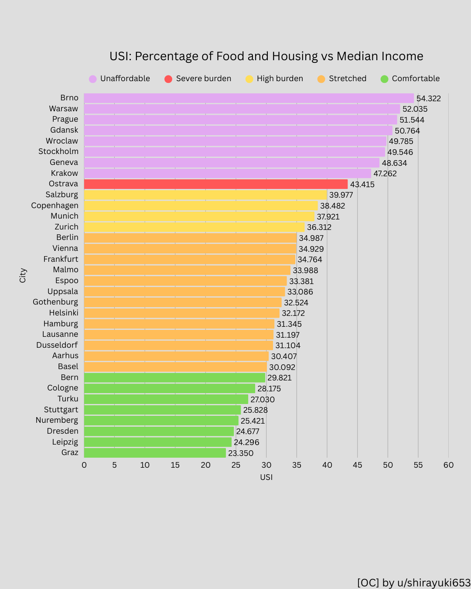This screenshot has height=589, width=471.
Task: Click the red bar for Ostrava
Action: click(216, 184)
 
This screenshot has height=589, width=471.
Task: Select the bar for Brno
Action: click(249, 98)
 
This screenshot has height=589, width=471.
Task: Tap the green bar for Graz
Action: click(155, 453)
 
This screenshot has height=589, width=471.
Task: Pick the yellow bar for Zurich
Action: click(194, 227)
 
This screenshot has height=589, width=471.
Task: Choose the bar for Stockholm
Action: click(235, 152)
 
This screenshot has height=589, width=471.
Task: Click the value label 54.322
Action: click(428, 99)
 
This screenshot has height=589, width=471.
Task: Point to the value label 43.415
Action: click(362, 185)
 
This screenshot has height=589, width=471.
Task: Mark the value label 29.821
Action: click(279, 378)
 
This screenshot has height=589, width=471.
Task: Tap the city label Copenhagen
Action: click(55, 205)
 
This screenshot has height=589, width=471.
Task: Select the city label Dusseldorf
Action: click(57, 345)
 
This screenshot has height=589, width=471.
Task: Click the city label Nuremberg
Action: click(57, 420)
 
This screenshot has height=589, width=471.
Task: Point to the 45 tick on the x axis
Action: click(357, 465)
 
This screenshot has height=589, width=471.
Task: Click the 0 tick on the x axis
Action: click(84, 465)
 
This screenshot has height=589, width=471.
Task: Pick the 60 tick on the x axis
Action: click(448, 465)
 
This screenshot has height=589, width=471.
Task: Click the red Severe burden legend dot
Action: click(168, 79)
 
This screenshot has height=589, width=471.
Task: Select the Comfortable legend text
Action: click(416, 79)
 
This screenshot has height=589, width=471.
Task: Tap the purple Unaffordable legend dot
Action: click(92, 79)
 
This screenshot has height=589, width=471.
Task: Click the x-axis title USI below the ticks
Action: click(266, 477)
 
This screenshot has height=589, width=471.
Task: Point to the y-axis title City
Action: click(23, 275)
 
